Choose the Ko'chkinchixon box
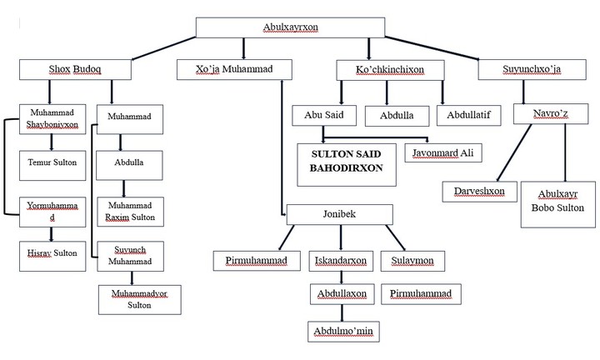(389, 71)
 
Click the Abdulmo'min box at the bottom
(342, 332)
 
